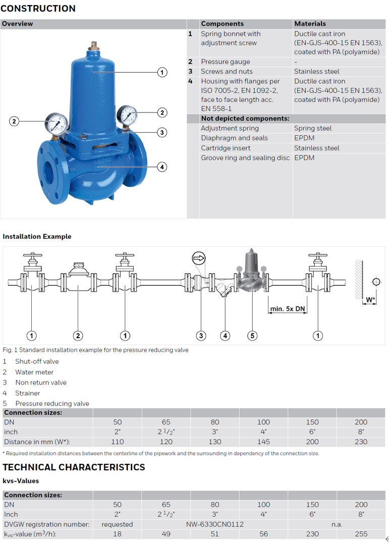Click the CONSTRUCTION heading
click(38, 8)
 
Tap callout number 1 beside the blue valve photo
click(162, 72)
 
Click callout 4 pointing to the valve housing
click(162, 167)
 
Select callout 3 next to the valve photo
click(162, 132)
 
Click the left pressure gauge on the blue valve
click(57, 124)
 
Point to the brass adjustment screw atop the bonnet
click(93, 45)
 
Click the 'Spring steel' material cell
click(313, 128)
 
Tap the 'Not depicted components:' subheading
click(245, 118)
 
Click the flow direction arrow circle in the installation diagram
click(199, 258)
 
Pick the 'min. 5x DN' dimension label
click(288, 309)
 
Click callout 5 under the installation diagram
click(252, 335)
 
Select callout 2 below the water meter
click(78, 335)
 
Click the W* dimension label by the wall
click(370, 299)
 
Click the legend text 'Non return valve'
click(41, 383)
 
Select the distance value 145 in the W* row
click(263, 442)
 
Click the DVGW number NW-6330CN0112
click(215, 524)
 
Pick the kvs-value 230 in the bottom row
click(312, 534)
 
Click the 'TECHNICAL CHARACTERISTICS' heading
click(74, 467)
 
